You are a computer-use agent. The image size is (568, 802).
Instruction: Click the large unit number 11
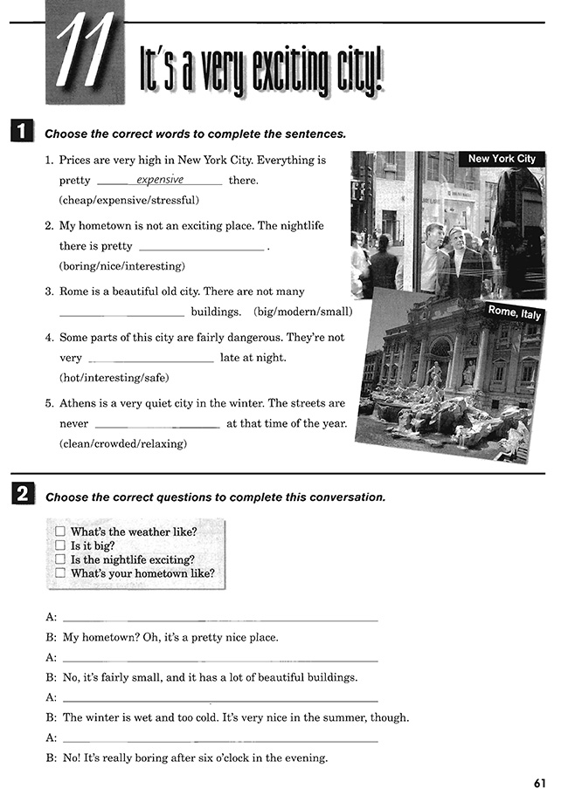pyautogui.click(x=84, y=53)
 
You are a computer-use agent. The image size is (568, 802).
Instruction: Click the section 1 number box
pyautogui.click(x=22, y=134)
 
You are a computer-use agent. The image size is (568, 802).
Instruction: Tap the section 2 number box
pyautogui.click(x=22, y=496)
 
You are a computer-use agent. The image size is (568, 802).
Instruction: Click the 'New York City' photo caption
pyautogui.click(x=502, y=159)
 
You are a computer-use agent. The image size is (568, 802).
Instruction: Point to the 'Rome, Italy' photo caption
pyautogui.click(x=515, y=312)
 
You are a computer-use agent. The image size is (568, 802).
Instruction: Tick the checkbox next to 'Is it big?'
pyautogui.click(x=60, y=545)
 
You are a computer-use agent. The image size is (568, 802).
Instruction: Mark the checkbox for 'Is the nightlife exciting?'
pyautogui.click(x=60, y=559)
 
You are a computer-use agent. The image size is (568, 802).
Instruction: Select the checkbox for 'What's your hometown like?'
pyautogui.click(x=60, y=573)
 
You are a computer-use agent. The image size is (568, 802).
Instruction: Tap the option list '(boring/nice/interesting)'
pyautogui.click(x=122, y=266)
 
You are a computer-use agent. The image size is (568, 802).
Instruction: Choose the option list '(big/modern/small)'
pyautogui.click(x=303, y=312)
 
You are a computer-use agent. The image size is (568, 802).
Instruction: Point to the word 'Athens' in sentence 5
pyautogui.click(x=77, y=403)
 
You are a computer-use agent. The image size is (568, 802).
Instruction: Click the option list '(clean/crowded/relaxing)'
pyautogui.click(x=123, y=443)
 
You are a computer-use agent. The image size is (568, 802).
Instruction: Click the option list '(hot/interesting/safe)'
pyautogui.click(x=114, y=378)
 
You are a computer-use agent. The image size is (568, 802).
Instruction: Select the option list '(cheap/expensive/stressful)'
pyautogui.click(x=128, y=201)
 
